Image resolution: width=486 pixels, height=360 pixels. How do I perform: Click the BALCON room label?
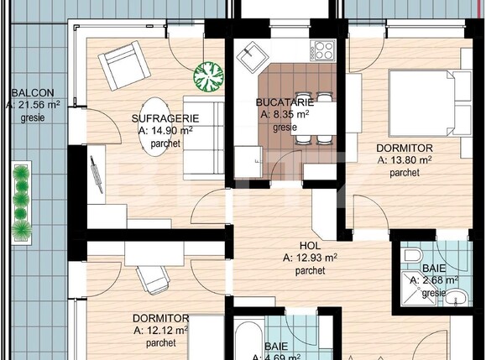(33, 91)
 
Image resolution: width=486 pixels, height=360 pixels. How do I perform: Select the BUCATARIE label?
(282, 102)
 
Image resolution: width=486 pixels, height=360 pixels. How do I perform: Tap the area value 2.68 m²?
(440, 280)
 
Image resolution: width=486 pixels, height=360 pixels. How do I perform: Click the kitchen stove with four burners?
(322, 50)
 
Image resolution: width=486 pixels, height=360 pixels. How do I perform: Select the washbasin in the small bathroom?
(454, 297)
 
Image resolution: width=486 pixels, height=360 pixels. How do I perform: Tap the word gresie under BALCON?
(33, 117)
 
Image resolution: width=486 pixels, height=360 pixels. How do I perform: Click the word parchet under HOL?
(311, 271)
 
